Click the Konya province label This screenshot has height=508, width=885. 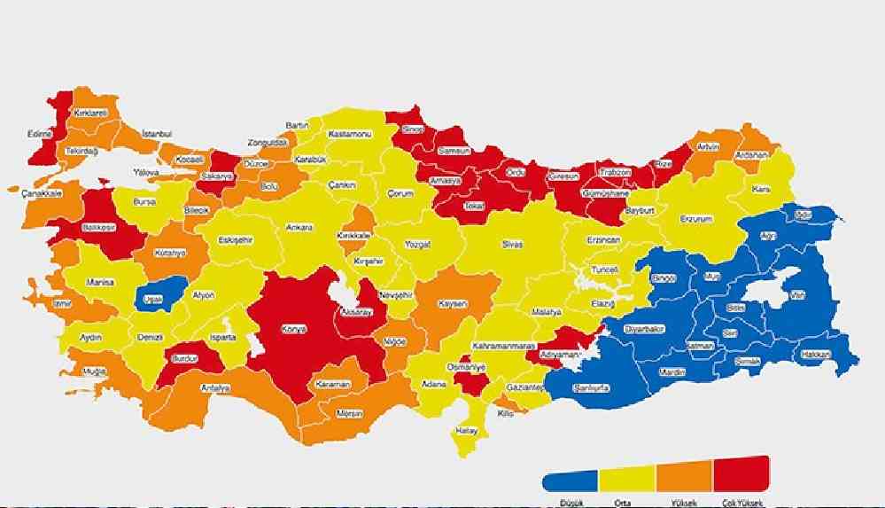[x=294, y=329]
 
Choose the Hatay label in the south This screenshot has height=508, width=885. [x=466, y=430]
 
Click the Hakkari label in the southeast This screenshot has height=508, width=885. [x=815, y=354]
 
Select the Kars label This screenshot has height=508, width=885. [x=760, y=190]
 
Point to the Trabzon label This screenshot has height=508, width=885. [x=614, y=172]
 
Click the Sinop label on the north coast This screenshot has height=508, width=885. [x=413, y=129]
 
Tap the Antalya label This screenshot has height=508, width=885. [x=215, y=388]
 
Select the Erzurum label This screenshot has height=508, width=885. [x=695, y=217]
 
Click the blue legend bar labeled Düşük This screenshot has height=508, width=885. [x=571, y=479]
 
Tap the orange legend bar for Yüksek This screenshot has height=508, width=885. [x=684, y=477]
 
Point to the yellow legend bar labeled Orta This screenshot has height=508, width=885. [x=627, y=479]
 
